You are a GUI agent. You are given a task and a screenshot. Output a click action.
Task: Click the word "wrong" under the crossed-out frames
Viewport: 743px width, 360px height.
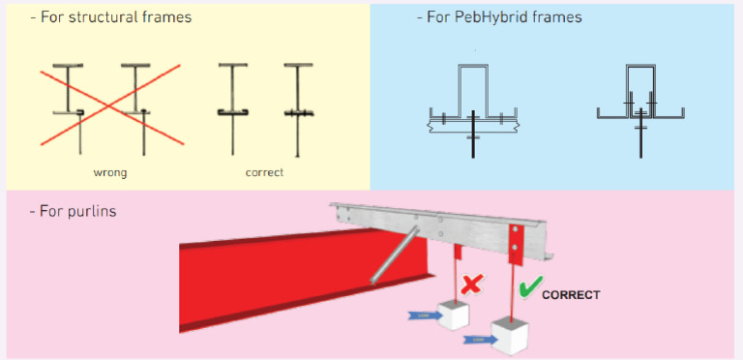[x=109, y=172]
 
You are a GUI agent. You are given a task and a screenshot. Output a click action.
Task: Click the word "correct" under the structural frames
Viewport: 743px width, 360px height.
[x=265, y=172]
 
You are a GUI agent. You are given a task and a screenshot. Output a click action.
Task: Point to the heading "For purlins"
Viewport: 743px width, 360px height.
[x=72, y=211]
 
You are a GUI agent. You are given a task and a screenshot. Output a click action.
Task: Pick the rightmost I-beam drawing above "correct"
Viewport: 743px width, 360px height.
[x=294, y=106]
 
